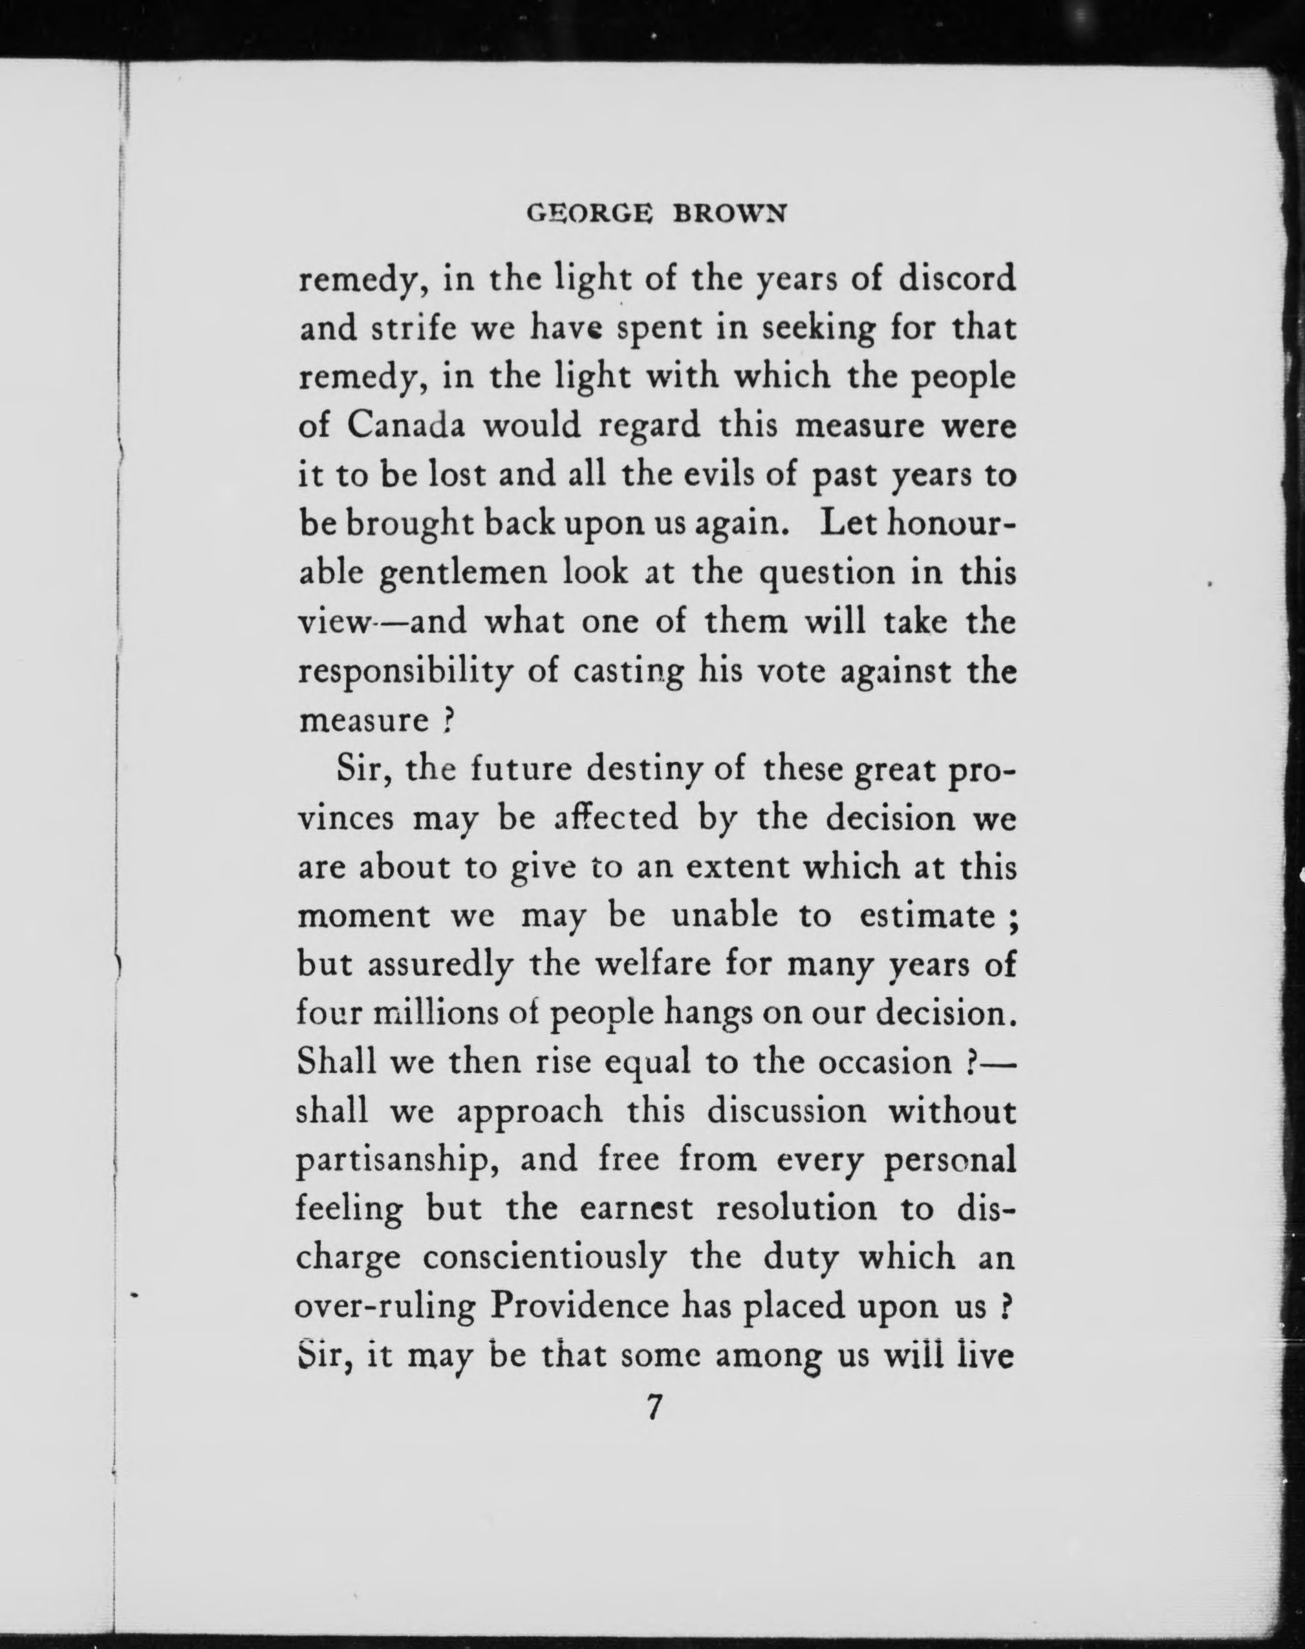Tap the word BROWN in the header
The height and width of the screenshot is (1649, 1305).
pyautogui.click(x=729, y=214)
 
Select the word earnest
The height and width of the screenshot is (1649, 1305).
pyautogui.click(x=636, y=1210)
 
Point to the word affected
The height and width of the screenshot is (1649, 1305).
pyautogui.click(x=616, y=818)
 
